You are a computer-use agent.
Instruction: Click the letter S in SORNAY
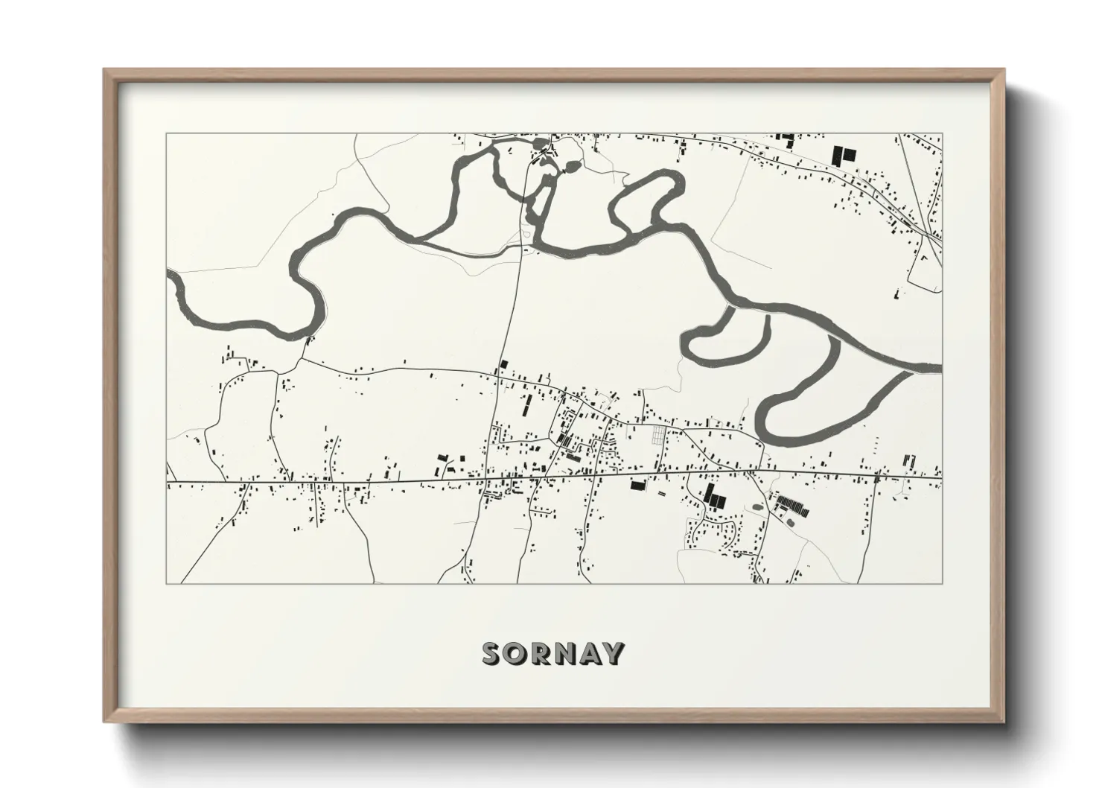(x=493, y=653)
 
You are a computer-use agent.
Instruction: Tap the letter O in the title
(x=517, y=653)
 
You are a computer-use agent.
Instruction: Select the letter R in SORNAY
(x=541, y=653)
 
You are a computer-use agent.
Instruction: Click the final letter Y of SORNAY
(x=613, y=653)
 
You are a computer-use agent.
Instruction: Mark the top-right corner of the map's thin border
(x=941, y=134)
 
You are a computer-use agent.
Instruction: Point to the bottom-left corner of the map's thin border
(x=166, y=583)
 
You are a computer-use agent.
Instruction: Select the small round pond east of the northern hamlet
(x=573, y=166)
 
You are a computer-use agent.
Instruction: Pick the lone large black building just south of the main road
(x=637, y=486)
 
